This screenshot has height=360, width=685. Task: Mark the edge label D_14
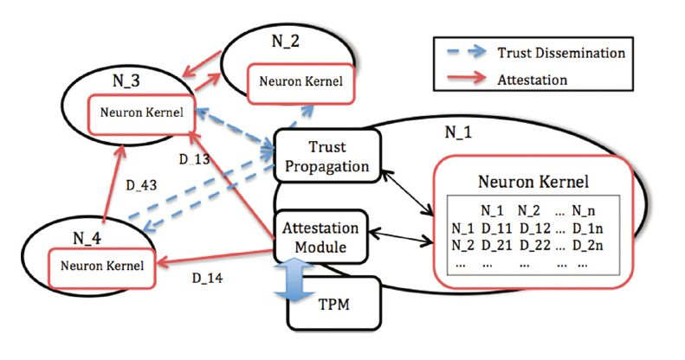point(206,280)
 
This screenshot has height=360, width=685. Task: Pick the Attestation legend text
point(532,80)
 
